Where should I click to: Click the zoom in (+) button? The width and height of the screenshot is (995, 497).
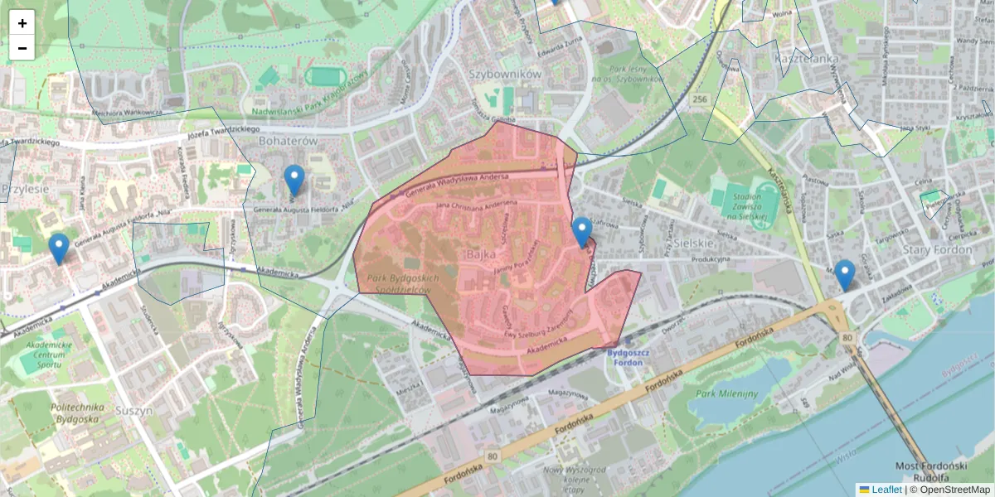point(22,23)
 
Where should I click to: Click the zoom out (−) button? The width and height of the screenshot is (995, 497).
point(22,48)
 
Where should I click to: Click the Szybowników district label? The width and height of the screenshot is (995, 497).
point(505,74)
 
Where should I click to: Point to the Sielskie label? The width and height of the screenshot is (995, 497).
point(694,244)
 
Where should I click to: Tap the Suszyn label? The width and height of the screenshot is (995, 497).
point(134,409)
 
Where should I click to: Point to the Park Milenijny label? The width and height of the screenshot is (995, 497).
point(726,393)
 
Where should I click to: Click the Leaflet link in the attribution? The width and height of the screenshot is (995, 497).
point(886,490)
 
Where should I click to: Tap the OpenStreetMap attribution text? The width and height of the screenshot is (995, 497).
point(949,490)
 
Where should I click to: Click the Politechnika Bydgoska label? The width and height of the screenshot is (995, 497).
point(76,413)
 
